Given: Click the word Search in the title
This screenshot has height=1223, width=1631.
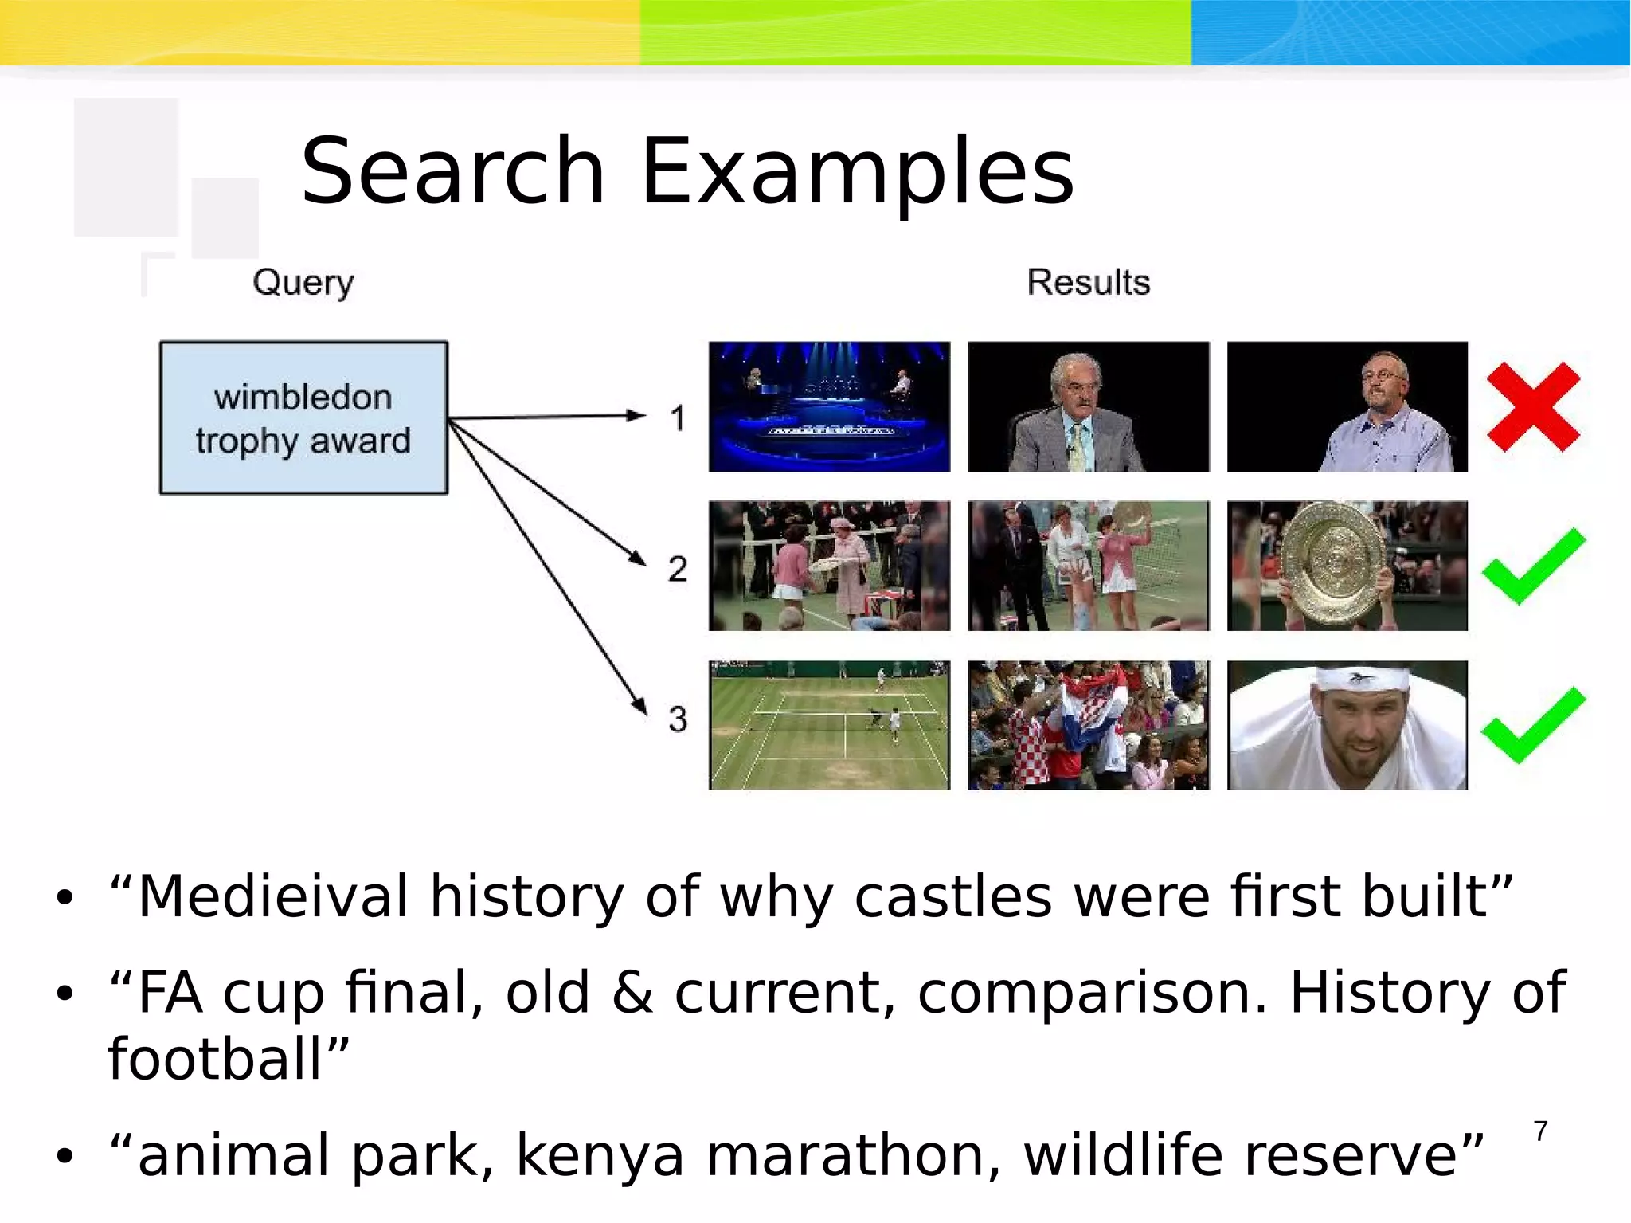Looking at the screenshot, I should coord(452,171).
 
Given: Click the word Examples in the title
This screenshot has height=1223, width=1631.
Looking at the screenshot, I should coord(857,171).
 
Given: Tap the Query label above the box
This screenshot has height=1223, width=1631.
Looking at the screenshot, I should coord(303,282).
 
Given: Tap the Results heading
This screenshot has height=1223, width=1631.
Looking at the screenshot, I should coord(1088,282).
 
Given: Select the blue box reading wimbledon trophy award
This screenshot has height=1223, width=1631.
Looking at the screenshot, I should coord(303,417).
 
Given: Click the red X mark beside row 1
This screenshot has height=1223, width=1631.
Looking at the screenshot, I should coord(1533,407).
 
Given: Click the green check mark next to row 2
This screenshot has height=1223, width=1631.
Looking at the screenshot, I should coord(1533,565).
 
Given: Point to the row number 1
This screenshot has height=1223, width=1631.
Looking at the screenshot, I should coord(678,417).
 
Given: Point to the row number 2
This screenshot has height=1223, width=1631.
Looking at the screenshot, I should coord(678,569).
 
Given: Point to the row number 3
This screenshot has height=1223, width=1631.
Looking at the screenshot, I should coord(678,719).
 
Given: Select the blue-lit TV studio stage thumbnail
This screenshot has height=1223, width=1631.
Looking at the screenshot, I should coord(829,407).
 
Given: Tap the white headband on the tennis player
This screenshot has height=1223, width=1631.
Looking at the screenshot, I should coord(1362,679).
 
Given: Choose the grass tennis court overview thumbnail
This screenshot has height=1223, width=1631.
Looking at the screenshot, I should coord(829,725).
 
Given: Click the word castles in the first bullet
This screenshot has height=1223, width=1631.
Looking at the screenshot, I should coord(952,897).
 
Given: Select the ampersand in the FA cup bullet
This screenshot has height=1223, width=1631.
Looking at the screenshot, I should coord(632,993).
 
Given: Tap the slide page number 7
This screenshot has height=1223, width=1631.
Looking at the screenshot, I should coord(1540,1131).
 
